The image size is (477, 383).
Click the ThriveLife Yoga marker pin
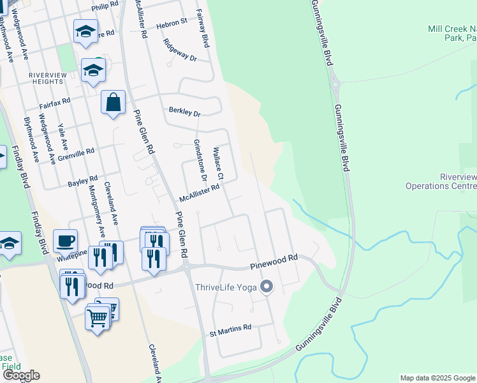tap(267, 287)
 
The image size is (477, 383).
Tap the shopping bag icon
tap(113, 102)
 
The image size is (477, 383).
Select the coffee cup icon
tap(65, 241)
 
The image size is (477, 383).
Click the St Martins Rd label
tap(231, 327)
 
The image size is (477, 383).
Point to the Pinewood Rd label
tap(274, 258)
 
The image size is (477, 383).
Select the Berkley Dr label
tap(184, 112)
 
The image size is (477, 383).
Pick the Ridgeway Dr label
tap(180, 50)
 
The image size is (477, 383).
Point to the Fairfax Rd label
tap(54, 102)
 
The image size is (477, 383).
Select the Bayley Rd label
tap(83, 181)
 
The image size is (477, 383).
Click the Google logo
tap(21, 375)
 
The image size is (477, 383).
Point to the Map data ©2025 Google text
tap(437, 378)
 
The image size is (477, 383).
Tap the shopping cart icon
tap(97, 317)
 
